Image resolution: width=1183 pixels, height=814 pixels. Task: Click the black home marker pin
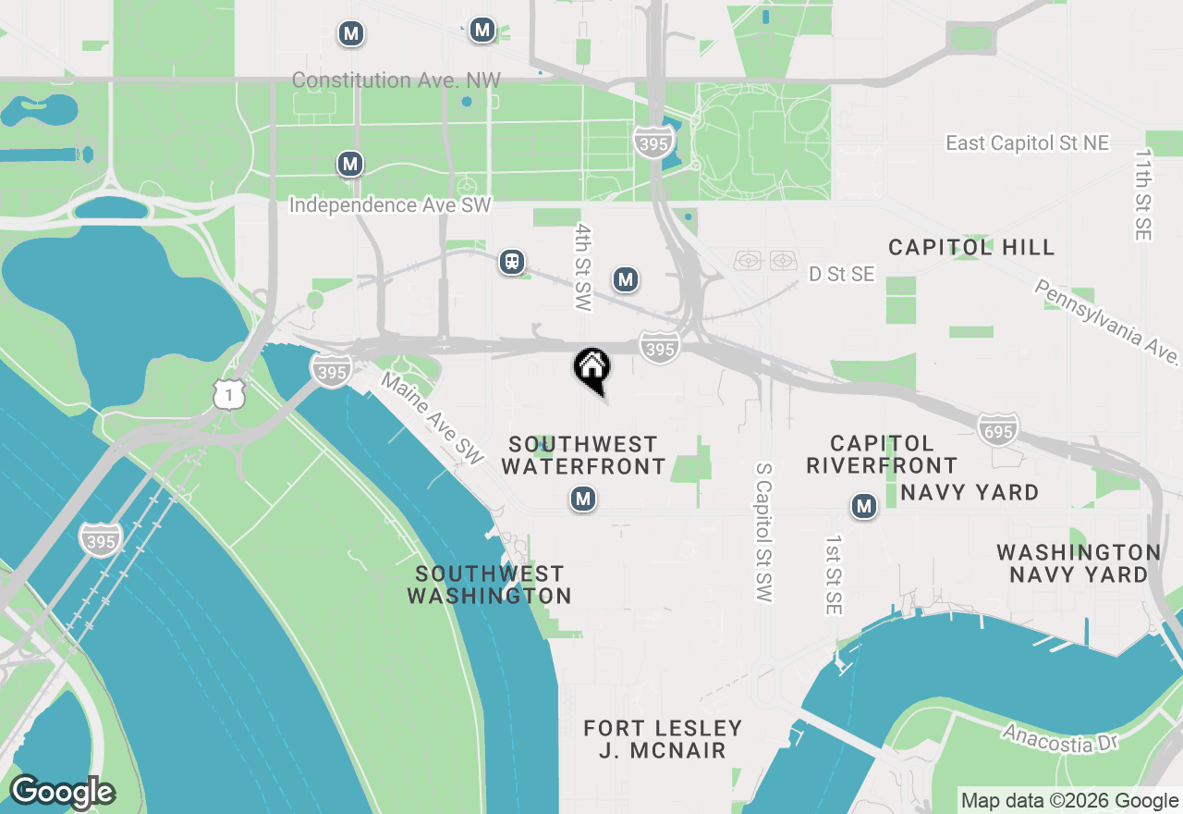pyautogui.click(x=592, y=368)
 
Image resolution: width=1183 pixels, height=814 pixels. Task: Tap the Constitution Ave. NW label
pyautogui.click(x=396, y=80)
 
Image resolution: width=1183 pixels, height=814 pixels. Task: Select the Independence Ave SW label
pyautogui.click(x=391, y=205)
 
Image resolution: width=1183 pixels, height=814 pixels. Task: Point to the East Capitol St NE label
pyautogui.click(x=1027, y=143)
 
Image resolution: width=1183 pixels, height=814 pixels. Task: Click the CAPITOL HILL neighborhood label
pyautogui.click(x=971, y=247)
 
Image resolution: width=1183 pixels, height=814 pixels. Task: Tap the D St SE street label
pyautogui.click(x=841, y=274)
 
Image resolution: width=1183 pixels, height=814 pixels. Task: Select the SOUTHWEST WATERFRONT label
pyautogui.click(x=583, y=455)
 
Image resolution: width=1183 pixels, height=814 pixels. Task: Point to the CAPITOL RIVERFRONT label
pyautogui.click(x=882, y=454)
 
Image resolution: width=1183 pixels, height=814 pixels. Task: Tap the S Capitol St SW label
pyautogui.click(x=762, y=533)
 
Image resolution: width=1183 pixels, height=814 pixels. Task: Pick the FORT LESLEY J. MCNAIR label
pyautogui.click(x=663, y=739)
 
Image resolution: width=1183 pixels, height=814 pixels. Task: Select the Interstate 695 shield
pyautogui.click(x=998, y=428)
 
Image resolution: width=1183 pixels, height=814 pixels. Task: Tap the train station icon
pyautogui.click(x=512, y=262)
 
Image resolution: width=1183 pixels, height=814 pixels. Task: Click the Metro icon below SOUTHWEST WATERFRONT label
pyautogui.click(x=582, y=499)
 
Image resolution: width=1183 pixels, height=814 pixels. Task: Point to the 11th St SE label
pyautogui.click(x=1143, y=195)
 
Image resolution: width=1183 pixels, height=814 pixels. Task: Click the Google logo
pyautogui.click(x=62, y=792)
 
